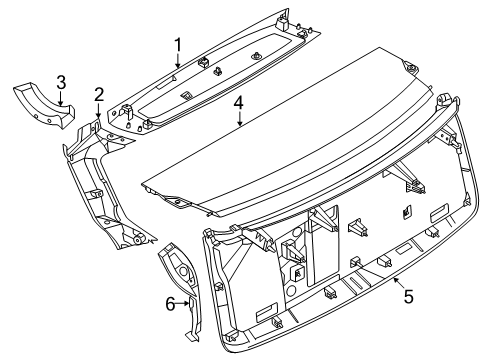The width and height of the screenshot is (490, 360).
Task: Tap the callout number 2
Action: click(x=99, y=95)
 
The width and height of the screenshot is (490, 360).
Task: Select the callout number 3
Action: click(x=61, y=83)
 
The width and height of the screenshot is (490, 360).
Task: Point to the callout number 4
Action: click(x=238, y=103)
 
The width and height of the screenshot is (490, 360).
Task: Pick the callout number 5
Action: click(x=409, y=296)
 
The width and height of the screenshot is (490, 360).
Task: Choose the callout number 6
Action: click(x=170, y=304)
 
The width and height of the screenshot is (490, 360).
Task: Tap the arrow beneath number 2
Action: click(x=98, y=110)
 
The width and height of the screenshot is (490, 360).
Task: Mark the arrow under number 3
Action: click(x=61, y=98)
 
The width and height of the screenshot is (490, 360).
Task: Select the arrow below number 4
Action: click(x=240, y=118)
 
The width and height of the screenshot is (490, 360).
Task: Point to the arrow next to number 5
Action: click(x=399, y=284)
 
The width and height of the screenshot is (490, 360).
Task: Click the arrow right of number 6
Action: click(x=183, y=303)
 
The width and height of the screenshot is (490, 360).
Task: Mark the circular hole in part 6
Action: click(x=183, y=271)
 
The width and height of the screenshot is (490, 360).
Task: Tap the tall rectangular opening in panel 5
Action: click(x=323, y=246)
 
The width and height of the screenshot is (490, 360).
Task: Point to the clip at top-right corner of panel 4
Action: click(x=410, y=68)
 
